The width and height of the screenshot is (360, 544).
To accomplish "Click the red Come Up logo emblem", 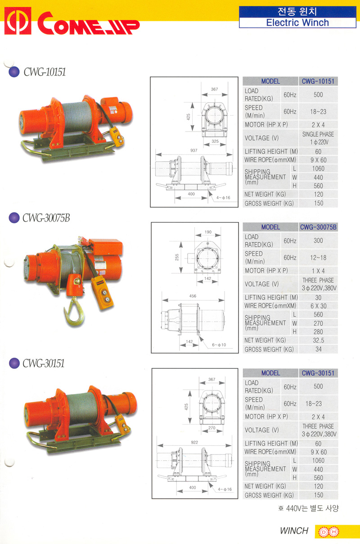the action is (18, 21).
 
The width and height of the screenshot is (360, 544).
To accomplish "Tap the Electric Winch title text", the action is (297, 23).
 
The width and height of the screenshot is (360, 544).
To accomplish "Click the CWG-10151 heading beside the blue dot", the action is (45, 72).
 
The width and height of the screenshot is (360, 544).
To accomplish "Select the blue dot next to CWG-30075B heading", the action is (14, 218).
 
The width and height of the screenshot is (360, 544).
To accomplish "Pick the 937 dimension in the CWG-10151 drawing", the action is (193, 150).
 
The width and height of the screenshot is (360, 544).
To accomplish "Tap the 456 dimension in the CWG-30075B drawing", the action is (193, 296).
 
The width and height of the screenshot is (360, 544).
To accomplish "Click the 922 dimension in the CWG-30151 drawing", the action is (194, 442).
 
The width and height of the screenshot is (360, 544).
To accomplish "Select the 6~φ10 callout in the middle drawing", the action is (219, 345).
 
